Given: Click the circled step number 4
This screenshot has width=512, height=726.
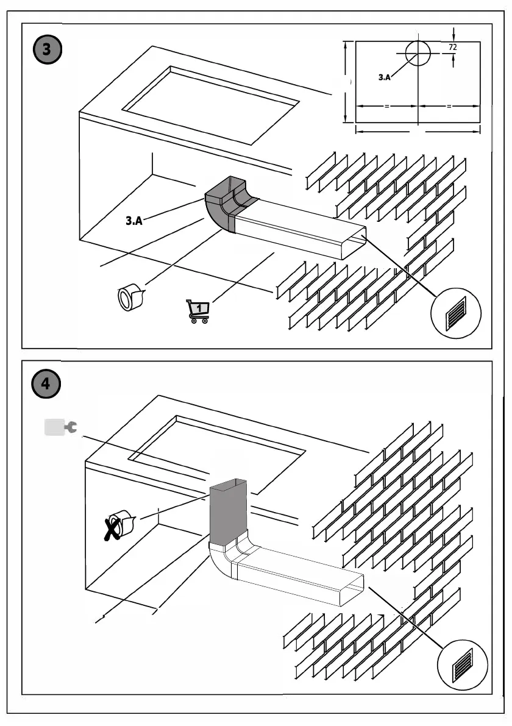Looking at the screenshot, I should pyautogui.click(x=46, y=385).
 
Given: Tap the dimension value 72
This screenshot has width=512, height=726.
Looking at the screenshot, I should pyautogui.click(x=452, y=46).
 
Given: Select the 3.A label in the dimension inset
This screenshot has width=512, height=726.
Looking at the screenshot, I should pyautogui.click(x=384, y=77).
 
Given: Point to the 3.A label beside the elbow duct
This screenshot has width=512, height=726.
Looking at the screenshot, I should pyautogui.click(x=134, y=221).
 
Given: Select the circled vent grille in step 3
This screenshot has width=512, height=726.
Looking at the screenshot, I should pyautogui.click(x=456, y=314).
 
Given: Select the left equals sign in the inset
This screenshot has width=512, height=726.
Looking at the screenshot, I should pyautogui.click(x=386, y=106).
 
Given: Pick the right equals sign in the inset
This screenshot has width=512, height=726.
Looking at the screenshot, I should pyautogui.click(x=449, y=106).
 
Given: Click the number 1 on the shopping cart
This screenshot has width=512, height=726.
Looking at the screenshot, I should pyautogui.click(x=201, y=307).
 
